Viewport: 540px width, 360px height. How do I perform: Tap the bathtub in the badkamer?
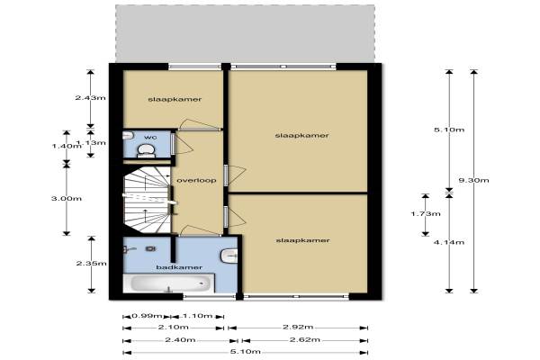pyautogui.click(x=169, y=283)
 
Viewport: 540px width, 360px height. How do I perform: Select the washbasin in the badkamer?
pyautogui.click(x=229, y=256)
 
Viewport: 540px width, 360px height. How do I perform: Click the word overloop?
pyautogui.click(x=196, y=181)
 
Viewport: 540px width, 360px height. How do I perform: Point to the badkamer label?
pyautogui.click(x=179, y=267)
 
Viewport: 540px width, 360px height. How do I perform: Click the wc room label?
pyautogui.click(x=150, y=137)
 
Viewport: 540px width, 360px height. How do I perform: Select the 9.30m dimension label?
pyautogui.click(x=474, y=180)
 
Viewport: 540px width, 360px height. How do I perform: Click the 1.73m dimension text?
pyautogui.click(x=426, y=213)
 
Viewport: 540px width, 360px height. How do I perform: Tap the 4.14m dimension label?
pyautogui.click(x=449, y=242)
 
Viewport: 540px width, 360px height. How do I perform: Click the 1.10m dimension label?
pyautogui.click(x=198, y=316)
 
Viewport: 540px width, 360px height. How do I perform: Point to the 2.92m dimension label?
pyautogui.click(x=298, y=327)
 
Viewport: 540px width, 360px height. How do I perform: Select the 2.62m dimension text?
pyautogui.click(x=305, y=339)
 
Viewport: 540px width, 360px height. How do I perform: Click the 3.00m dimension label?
pyautogui.click(x=67, y=198)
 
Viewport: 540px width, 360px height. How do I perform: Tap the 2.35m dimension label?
pyautogui.click(x=91, y=264)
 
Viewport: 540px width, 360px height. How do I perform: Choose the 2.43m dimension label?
pyautogui.click(x=91, y=97)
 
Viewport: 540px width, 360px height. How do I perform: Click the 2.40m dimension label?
pyautogui.click(x=181, y=339)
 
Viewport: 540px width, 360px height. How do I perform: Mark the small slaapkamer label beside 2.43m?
pyautogui.click(x=175, y=99)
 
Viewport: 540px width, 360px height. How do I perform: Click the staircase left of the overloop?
pyautogui.click(x=148, y=200)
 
